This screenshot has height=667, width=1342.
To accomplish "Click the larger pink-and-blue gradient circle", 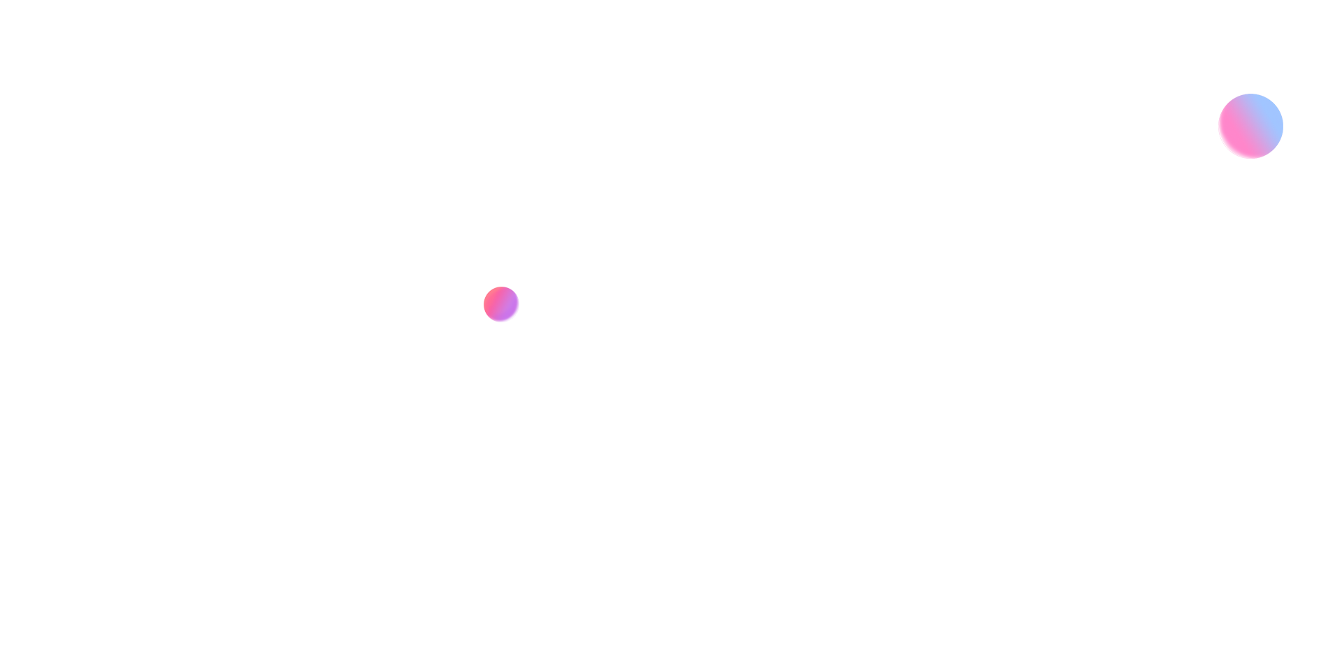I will (1250, 126).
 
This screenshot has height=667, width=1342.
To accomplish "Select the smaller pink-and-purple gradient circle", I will (501, 304).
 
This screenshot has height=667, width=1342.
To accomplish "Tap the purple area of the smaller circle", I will (506, 309).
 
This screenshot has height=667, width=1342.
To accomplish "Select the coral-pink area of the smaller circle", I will (493, 296).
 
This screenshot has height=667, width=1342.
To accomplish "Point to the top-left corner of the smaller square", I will (485, 288).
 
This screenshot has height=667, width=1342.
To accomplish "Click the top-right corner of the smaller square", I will (518, 288).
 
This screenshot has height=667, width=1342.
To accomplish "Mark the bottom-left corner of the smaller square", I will (485, 321).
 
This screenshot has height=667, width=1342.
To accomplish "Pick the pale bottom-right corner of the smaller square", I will (517, 320).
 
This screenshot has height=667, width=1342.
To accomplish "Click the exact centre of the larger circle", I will (1250, 126).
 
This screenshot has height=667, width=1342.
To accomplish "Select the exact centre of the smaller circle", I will (501, 304).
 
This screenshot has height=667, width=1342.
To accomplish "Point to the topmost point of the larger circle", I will (1250, 94).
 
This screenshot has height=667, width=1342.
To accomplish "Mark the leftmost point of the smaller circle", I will (484, 304).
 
